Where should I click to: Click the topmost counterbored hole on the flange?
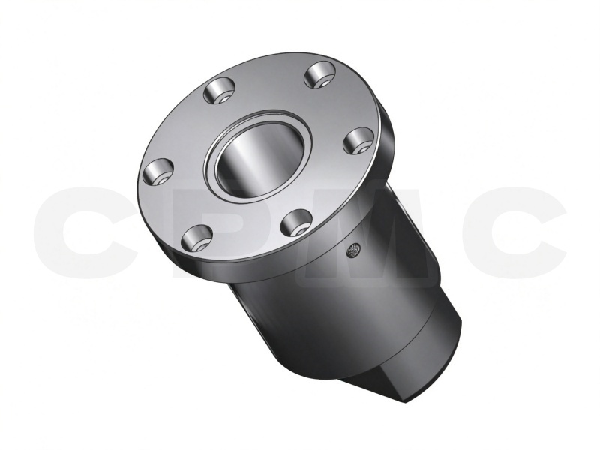point(320,76)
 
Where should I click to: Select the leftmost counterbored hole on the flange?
point(157,172)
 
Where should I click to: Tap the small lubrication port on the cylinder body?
point(352,250)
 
